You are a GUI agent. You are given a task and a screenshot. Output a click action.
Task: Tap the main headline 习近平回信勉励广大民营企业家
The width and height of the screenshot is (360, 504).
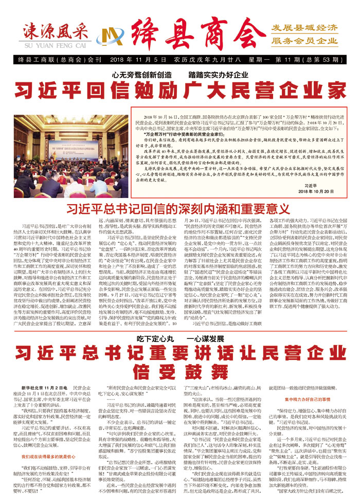[x=180, y=90]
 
